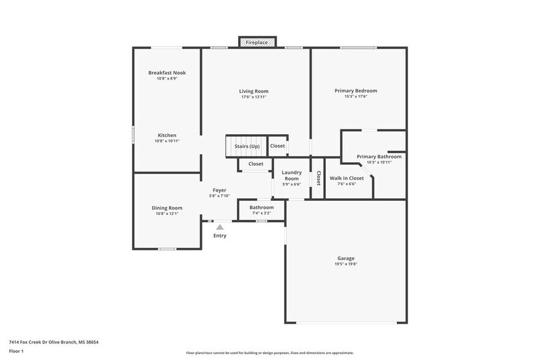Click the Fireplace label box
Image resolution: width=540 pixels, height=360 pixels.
click(257, 42)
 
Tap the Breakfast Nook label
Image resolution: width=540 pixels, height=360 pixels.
click(167, 73)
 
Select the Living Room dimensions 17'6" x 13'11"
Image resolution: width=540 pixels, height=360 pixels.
click(253, 97)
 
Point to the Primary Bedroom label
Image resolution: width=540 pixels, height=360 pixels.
click(356, 91)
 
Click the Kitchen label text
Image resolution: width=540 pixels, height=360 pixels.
click(167, 135)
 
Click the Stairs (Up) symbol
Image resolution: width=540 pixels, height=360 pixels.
click(246, 146)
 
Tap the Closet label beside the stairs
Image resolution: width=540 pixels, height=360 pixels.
click(277, 146)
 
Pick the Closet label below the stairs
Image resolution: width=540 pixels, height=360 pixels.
click(255, 164)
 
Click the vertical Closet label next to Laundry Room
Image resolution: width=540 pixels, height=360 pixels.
click(318, 177)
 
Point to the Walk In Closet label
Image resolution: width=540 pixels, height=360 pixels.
click(347, 178)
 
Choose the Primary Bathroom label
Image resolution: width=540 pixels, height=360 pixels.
click(379, 157)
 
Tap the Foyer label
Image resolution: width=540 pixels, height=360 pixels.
click(219, 190)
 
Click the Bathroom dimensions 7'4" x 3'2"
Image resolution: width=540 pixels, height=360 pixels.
click(261, 213)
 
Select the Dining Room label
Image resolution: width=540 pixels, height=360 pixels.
click(167, 208)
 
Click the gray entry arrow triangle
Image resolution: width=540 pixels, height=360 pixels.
click(219, 227)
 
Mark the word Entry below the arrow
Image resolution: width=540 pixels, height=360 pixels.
click(219, 236)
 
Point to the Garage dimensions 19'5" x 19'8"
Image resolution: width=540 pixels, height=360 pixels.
click(346, 264)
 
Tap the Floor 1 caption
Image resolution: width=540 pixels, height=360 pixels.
click(16, 351)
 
